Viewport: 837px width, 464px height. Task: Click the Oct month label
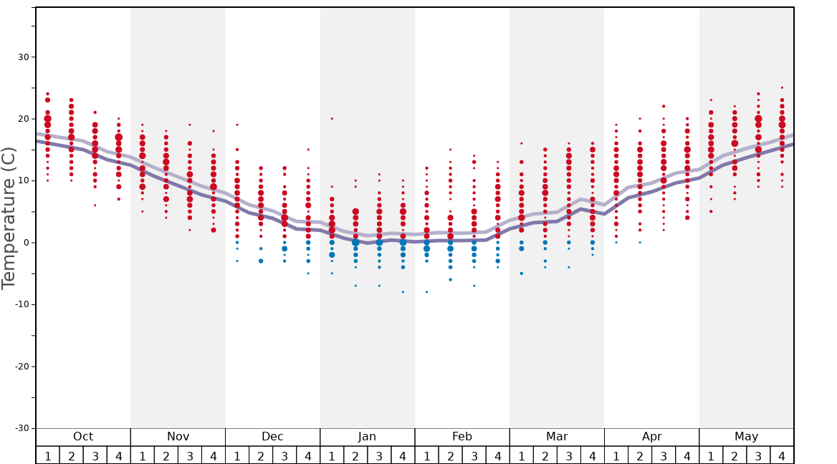click(x=83, y=437)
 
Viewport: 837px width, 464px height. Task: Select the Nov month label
click(x=178, y=437)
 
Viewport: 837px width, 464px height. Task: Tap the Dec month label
click(x=272, y=437)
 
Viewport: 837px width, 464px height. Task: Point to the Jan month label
click(x=367, y=437)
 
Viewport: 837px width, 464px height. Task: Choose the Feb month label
click(x=461, y=437)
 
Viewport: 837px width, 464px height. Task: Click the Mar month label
click(x=557, y=437)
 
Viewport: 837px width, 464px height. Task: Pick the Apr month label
click(x=651, y=437)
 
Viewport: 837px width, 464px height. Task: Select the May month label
click(x=746, y=437)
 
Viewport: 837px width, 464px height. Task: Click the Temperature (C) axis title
click(x=9, y=218)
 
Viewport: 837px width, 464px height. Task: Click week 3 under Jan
click(x=379, y=455)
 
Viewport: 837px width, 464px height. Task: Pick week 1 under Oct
click(x=47, y=455)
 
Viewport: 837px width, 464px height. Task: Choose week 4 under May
click(x=782, y=455)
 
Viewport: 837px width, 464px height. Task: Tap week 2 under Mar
click(x=545, y=455)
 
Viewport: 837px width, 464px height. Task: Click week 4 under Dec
click(x=308, y=455)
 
